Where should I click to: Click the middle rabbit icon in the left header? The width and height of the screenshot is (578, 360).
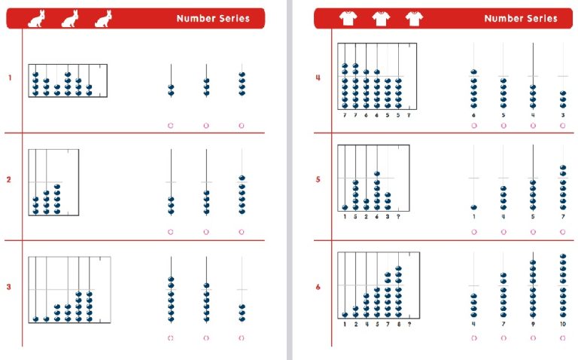click(x=69, y=20)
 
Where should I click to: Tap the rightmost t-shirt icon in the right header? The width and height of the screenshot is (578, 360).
click(x=414, y=19)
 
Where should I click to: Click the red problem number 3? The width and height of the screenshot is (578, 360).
click(x=9, y=287)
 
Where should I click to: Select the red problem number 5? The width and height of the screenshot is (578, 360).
click(x=318, y=179)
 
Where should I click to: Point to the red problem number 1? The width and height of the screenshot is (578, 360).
click(x=9, y=78)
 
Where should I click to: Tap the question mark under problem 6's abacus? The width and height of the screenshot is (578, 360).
click(x=409, y=325)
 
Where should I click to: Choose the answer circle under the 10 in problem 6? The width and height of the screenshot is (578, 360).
click(x=563, y=337)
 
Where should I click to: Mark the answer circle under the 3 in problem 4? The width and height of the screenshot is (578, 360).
click(x=563, y=126)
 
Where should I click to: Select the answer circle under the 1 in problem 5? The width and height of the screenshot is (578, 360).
click(x=474, y=231)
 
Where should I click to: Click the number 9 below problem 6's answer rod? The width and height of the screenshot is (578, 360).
click(x=533, y=325)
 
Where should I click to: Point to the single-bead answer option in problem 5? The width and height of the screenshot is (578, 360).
click(x=474, y=206)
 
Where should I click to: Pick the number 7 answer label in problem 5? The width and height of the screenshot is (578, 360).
click(x=563, y=218)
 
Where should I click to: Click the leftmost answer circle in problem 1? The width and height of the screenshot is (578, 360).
click(x=171, y=126)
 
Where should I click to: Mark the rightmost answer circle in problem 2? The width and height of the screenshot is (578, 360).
click(x=242, y=231)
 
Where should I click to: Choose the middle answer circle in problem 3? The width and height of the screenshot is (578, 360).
click(x=206, y=337)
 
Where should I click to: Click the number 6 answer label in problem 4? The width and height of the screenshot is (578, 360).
click(x=474, y=115)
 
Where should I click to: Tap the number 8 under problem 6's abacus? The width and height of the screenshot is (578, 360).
click(x=398, y=325)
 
